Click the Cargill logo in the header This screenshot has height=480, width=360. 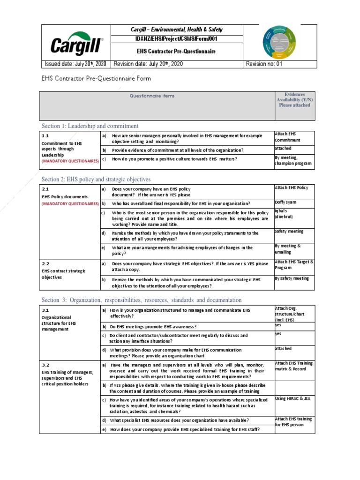point(76,44)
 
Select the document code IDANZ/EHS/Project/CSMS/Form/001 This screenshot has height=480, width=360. point(177,39)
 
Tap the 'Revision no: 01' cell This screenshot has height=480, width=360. point(265,64)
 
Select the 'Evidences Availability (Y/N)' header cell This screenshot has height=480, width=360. point(294,100)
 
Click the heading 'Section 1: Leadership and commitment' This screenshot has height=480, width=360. point(90,126)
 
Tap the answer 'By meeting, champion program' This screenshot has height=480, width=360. point(293,161)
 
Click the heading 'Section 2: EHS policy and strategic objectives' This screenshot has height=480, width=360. point(96,179)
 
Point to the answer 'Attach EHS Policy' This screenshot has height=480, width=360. point(291,188)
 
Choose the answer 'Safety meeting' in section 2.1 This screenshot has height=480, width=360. point(289,231)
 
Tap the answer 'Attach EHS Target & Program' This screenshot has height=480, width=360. point(294,265)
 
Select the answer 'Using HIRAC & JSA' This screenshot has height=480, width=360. point(293,398)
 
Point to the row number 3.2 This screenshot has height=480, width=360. point(45,365)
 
